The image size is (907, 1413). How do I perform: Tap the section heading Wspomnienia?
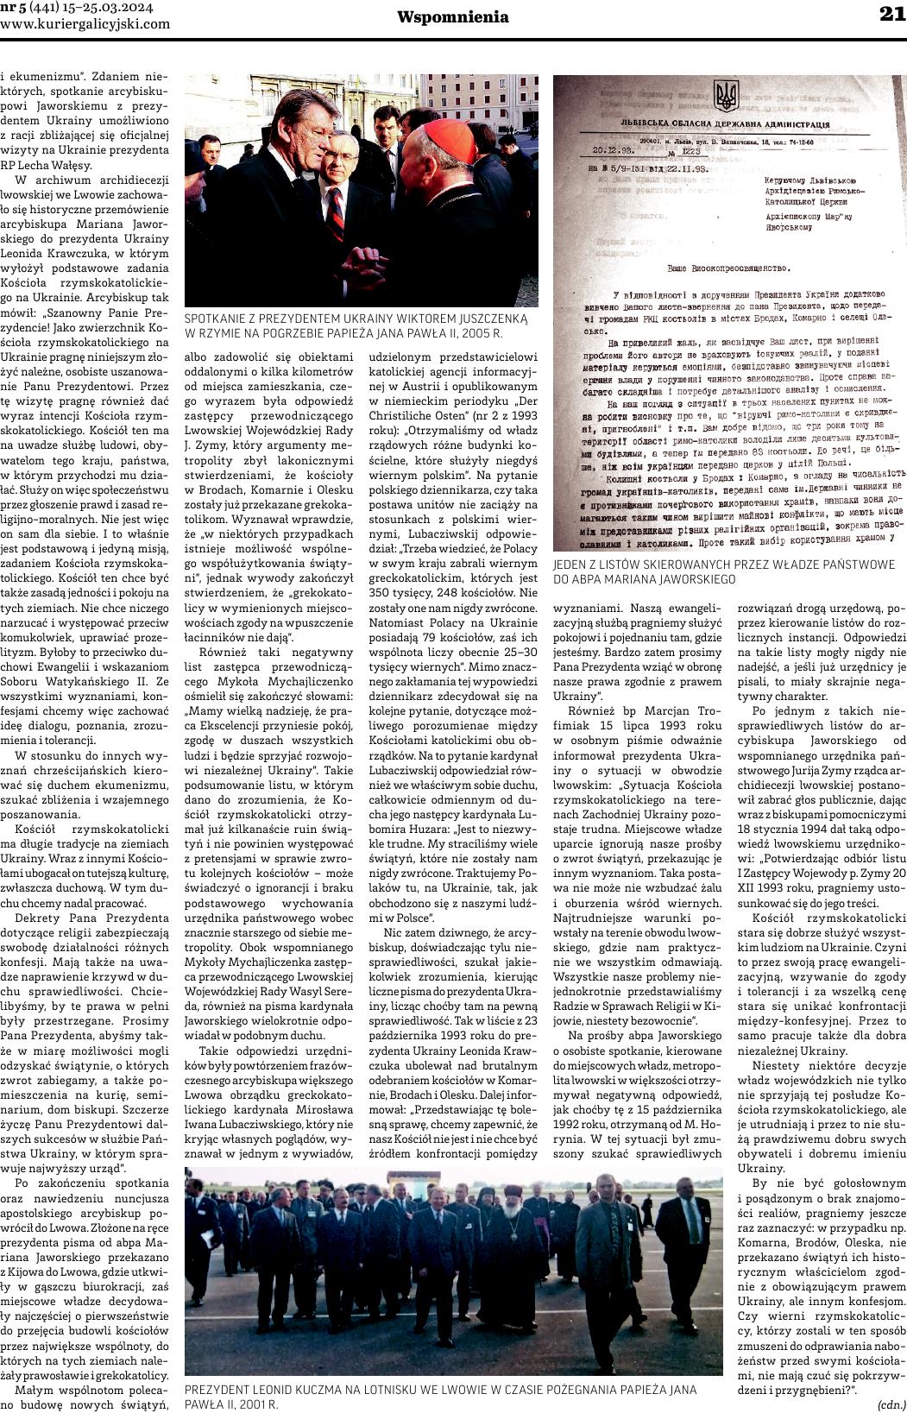pyautogui.click(x=453, y=16)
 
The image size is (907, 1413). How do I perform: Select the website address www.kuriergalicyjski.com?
pyautogui.click(x=85, y=24)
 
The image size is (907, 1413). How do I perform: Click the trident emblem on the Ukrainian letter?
pyautogui.click(x=727, y=95)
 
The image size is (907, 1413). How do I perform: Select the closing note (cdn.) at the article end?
pyautogui.click(x=891, y=1404)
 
